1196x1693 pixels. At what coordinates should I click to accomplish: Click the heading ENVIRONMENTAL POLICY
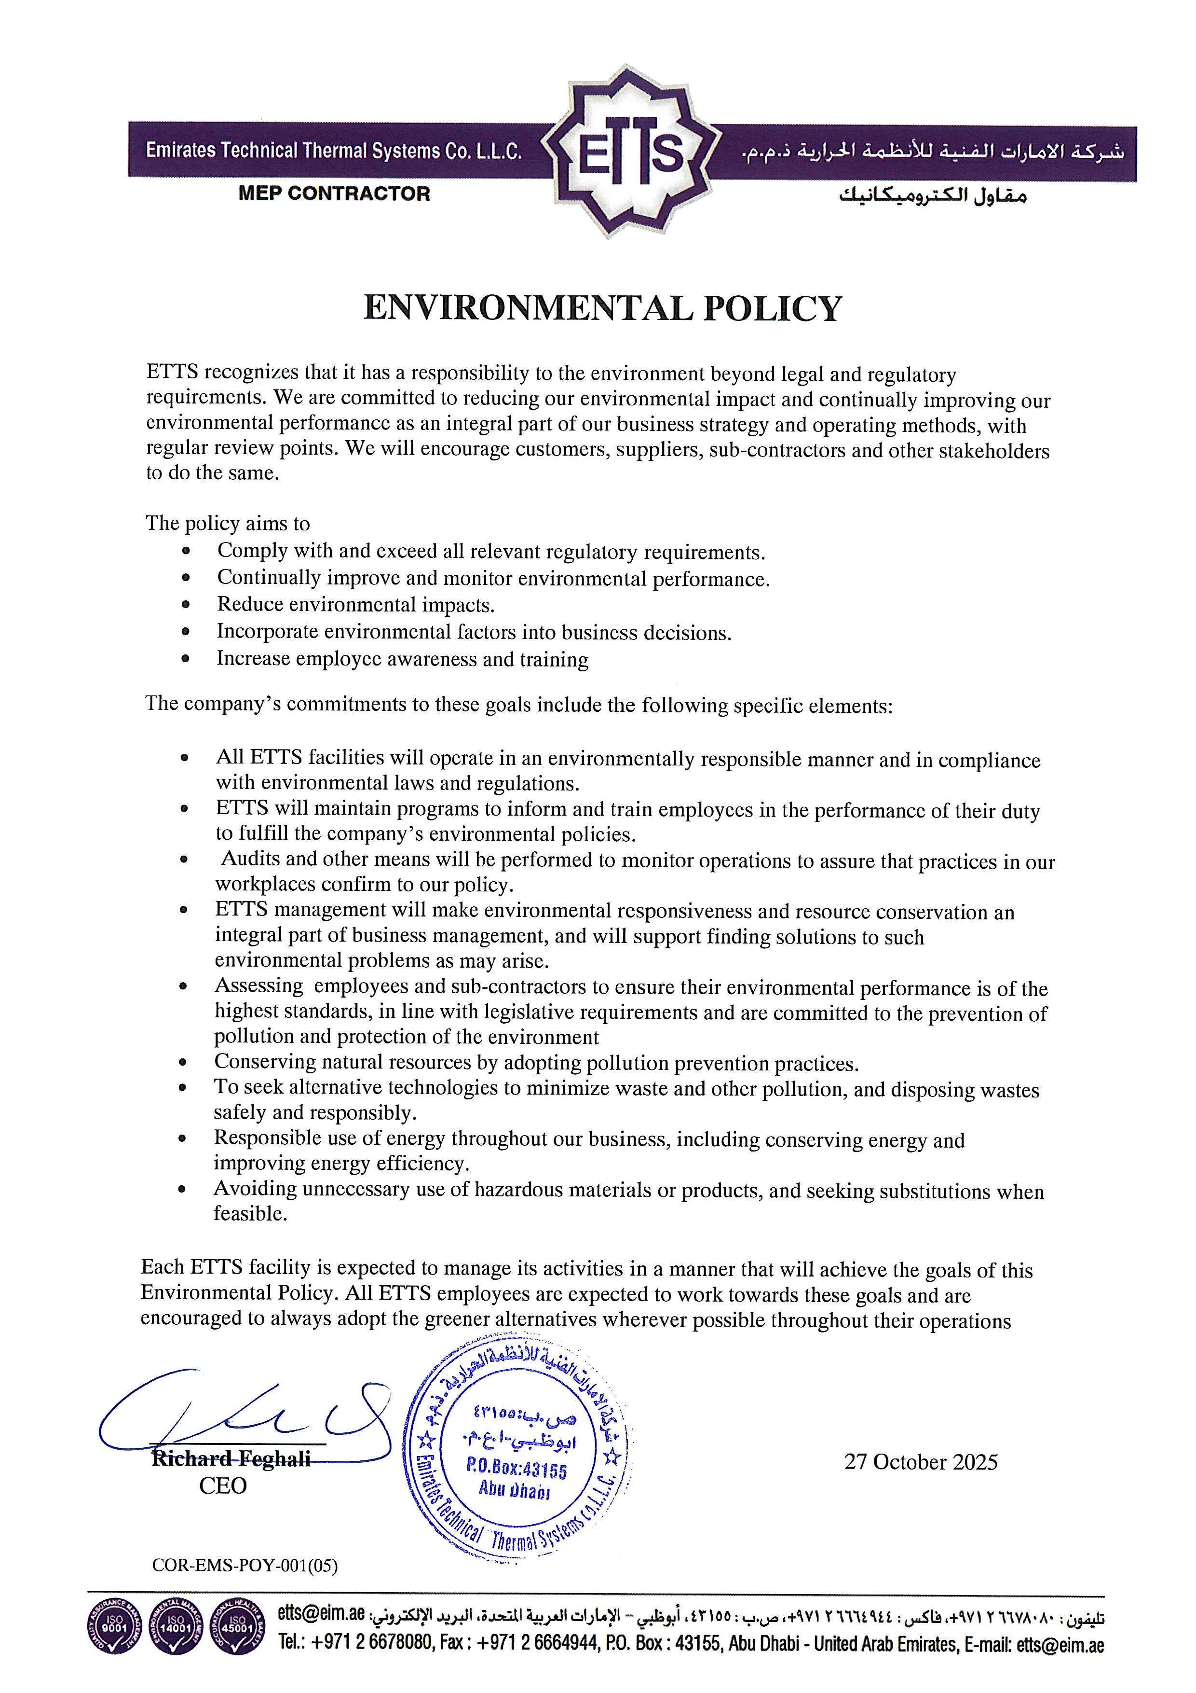point(602,308)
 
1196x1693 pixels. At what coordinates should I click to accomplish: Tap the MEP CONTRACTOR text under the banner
point(334,194)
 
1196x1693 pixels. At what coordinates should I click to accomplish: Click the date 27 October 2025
point(921,1462)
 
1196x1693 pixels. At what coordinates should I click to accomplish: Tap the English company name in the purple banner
point(334,151)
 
